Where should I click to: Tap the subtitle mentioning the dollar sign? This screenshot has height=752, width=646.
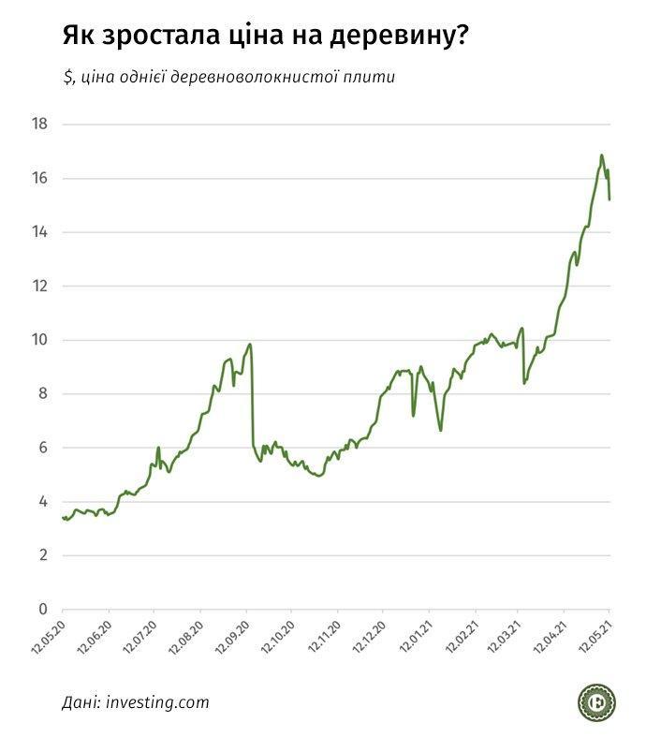click(229, 77)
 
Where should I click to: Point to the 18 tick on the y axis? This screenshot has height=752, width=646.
click(39, 124)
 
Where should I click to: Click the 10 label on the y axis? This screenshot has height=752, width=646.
click(39, 340)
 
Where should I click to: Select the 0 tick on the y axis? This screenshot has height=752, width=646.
click(43, 610)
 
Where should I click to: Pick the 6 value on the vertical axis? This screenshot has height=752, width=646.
click(43, 448)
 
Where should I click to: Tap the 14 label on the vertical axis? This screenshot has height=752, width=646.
click(39, 232)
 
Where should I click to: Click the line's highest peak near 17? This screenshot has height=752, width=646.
click(602, 155)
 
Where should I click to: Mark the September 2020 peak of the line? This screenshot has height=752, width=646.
click(249, 345)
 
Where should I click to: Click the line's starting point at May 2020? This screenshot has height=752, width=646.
click(63, 518)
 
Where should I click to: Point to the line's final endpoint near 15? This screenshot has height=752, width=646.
click(609, 199)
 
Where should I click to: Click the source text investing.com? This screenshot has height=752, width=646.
click(157, 702)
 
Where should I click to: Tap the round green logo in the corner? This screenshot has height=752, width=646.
click(595, 702)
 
